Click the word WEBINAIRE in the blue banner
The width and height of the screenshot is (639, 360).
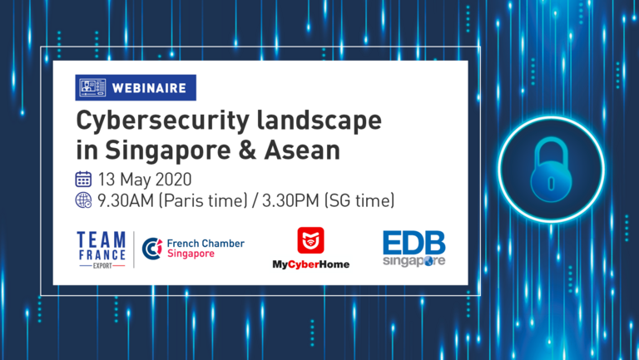click(149, 88)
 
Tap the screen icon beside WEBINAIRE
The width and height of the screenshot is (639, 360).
click(92, 87)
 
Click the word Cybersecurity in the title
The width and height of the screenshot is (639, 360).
click(162, 121)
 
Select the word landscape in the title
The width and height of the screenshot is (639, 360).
click(319, 121)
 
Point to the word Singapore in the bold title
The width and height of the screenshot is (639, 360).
click(168, 151)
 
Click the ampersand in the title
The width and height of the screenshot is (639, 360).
click(247, 150)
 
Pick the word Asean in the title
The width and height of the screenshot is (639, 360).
click(302, 150)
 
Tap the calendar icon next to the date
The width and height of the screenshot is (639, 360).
click(83, 180)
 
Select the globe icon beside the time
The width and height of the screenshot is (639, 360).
click(83, 200)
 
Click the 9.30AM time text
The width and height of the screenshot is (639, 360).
click(126, 200)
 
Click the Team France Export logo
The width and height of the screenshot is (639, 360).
click(102, 249)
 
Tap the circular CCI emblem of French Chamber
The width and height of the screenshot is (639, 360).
click(152, 249)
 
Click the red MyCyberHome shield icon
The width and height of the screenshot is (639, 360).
click(310, 240)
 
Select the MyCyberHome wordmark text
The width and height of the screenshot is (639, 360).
click(311, 264)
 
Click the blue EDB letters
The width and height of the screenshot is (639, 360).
click(414, 243)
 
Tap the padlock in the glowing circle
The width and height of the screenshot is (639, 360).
click(551, 170)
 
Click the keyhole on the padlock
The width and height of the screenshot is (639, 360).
click(551, 183)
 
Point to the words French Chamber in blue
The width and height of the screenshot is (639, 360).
click(206, 244)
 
